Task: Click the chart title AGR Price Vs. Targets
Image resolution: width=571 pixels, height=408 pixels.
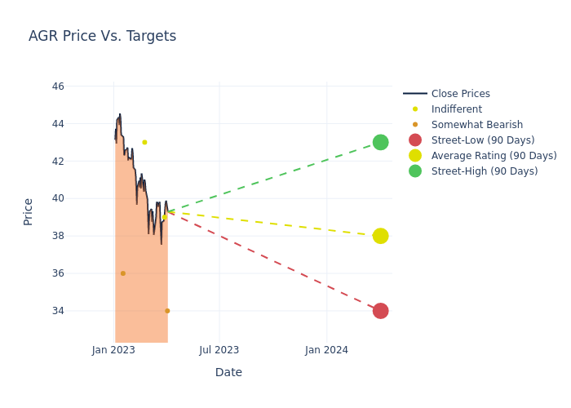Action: tap(102, 36)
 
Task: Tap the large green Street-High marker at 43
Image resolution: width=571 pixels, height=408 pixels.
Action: tap(380, 142)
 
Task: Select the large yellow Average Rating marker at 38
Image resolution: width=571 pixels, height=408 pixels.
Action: tap(380, 236)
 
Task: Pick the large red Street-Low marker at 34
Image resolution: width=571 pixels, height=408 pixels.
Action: tap(380, 311)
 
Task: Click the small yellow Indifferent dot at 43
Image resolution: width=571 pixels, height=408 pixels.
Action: tap(144, 142)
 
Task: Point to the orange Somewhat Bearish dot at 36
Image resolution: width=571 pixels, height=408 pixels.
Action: tap(123, 273)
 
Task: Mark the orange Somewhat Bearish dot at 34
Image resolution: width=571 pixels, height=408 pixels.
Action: tap(167, 311)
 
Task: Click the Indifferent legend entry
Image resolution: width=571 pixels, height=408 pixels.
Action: tap(456, 109)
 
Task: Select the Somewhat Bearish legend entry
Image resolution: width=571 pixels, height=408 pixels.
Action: tap(476, 125)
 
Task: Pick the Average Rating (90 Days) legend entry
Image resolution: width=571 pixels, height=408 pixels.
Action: tap(494, 156)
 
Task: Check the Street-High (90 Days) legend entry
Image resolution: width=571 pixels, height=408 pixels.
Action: tap(485, 171)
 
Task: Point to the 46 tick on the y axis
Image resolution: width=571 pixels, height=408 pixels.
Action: tap(58, 86)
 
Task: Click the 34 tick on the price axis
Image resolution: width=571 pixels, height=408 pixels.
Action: tap(58, 311)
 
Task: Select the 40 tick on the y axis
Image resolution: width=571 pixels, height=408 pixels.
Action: tap(58, 198)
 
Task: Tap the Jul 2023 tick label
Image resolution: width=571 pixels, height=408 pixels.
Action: tap(219, 350)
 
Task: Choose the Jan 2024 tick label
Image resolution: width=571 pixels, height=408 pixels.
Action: tap(326, 350)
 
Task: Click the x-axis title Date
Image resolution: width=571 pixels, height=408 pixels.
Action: tap(228, 372)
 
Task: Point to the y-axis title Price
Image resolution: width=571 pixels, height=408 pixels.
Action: tap(29, 211)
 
